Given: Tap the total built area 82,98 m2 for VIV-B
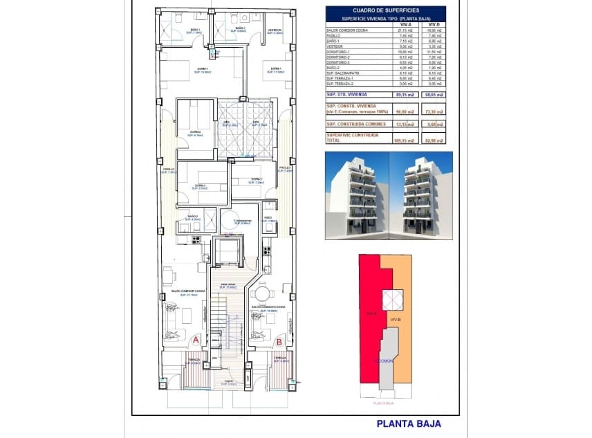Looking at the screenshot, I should pyautogui.click(x=435, y=140).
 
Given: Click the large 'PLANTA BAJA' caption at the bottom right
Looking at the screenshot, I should pyautogui.click(x=408, y=424).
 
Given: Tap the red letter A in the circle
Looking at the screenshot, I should pyautogui.click(x=196, y=340).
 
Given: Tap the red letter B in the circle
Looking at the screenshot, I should pyautogui.click(x=279, y=340).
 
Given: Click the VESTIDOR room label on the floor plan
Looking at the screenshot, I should pyautogui.click(x=275, y=30).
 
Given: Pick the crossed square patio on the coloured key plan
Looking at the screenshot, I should pyautogui.click(x=390, y=299).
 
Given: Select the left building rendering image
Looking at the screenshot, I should pyautogui.click(x=356, y=195).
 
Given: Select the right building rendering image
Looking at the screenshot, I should pyautogui.click(x=421, y=195).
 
